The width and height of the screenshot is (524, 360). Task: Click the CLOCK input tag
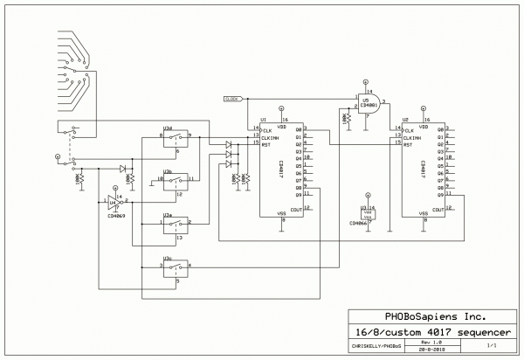coord(231,99)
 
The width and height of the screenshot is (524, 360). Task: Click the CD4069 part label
coord(112,216)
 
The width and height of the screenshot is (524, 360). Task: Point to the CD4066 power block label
coord(358,223)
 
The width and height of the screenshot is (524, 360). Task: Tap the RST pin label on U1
coord(266,144)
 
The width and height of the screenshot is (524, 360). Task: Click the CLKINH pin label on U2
coord(410,137)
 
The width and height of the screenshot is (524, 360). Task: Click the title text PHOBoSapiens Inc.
coord(429,316)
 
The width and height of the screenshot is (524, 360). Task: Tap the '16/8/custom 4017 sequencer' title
coord(429,331)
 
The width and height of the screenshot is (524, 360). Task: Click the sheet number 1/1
coord(503,345)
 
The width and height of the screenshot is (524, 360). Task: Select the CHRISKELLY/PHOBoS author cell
coord(376,347)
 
